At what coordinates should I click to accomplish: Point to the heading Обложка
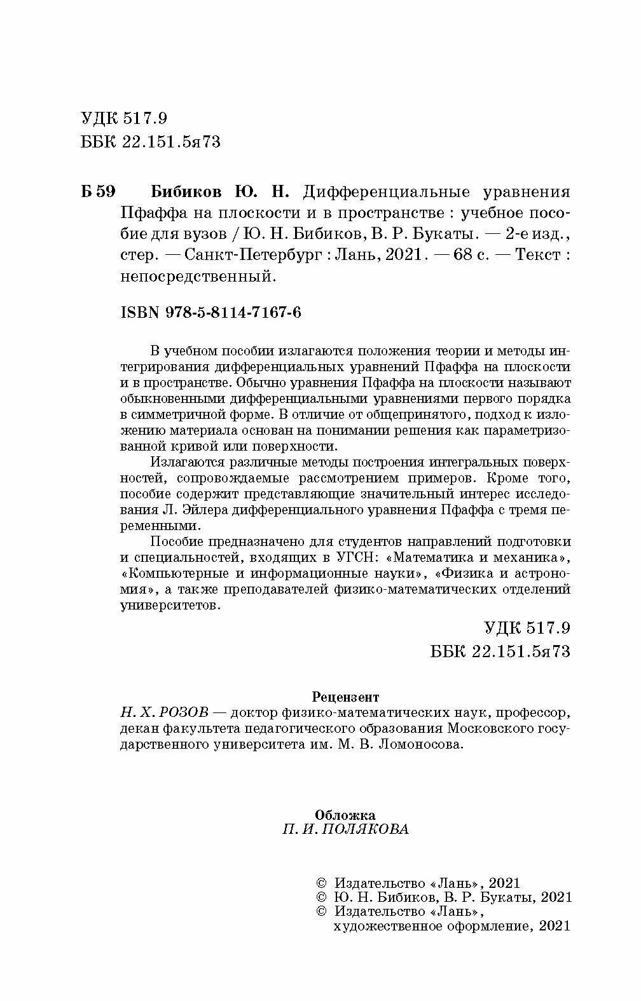tap(345, 815)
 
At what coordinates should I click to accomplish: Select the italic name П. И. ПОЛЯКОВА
tap(345, 829)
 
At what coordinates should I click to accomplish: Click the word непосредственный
tap(198, 276)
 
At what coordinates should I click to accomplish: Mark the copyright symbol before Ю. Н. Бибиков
tap(321, 897)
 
